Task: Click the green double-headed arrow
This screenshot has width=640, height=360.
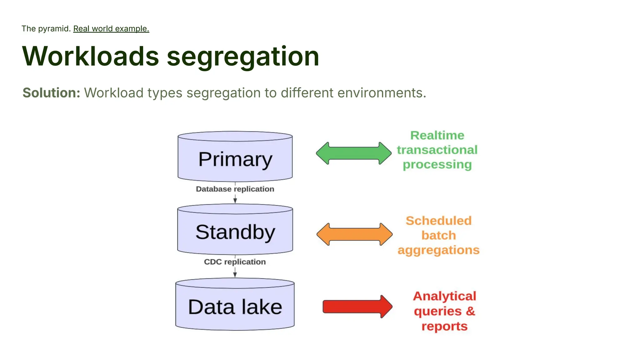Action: pos(353,153)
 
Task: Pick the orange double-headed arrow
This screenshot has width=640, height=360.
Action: pos(354,234)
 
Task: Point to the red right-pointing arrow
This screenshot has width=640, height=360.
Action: pos(357,307)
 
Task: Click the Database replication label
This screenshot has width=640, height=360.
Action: pos(235,189)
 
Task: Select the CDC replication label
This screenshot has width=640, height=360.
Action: pos(235,262)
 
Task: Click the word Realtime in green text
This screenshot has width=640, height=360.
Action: pos(437,135)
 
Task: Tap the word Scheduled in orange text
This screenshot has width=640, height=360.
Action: pos(438,221)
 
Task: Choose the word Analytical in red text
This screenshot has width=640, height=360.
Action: pos(444,296)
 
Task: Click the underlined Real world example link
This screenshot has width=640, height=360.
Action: pos(111,29)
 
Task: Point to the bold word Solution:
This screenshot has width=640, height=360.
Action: pos(51,93)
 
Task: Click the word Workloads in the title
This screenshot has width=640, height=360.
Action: pos(91,56)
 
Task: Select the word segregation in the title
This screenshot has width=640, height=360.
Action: pos(243,56)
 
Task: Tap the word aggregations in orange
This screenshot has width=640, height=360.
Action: pos(438,250)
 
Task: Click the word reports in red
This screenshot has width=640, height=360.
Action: pos(444,326)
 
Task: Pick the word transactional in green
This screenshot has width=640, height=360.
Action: pos(437,150)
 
